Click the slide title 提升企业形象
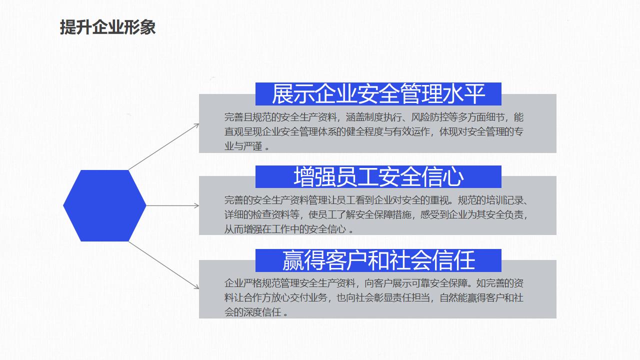tap(107, 27)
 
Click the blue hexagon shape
tap(104, 205)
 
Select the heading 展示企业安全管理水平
tap(378, 93)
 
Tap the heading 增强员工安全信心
tap(378, 177)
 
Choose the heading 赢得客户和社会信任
tap(378, 260)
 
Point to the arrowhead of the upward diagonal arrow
tap(197, 125)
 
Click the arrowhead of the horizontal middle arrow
tap(197, 205)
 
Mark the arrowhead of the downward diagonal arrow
tap(197, 287)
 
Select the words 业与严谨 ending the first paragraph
tap(243, 146)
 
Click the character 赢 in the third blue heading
tap(293, 260)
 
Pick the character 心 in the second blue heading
tap(453, 177)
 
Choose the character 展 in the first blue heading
tap(282, 93)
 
